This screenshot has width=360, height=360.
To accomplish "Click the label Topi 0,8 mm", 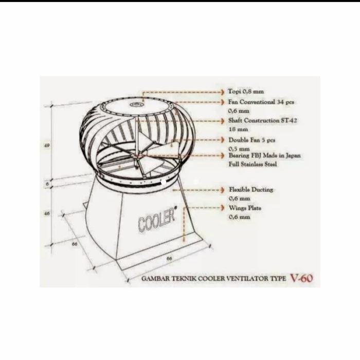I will coord(246,92).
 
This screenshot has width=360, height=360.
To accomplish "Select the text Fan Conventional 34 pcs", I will coord(261,102).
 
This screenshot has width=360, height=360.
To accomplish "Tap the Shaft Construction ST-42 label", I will coord(262,120).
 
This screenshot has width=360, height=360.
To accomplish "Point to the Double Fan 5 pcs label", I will coord(252,139).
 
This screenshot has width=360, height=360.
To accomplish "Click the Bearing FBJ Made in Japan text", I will coord(264,155).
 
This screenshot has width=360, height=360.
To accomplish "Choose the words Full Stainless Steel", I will coord(253,164).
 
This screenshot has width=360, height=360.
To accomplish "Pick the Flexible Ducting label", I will coord(251,190).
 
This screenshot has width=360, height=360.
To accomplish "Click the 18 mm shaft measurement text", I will coord(238,130).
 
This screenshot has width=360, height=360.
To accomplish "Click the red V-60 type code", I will coord(301,279).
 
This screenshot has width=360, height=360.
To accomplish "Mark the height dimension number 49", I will coord(47,146).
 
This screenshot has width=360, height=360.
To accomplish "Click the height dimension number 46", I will coord(47,213).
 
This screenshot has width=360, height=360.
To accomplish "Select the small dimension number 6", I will coord(47,183).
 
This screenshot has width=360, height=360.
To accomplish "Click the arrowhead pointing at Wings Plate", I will coord(223,209).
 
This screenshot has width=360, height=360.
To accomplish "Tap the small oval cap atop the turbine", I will coord(136,105).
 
